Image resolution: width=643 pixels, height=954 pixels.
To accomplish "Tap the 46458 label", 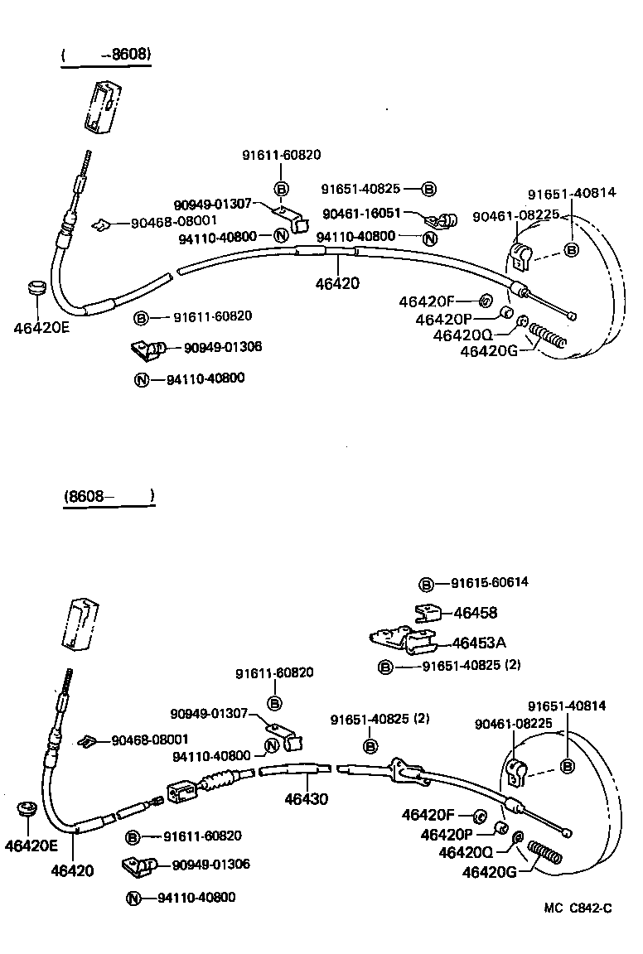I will coord(476,613).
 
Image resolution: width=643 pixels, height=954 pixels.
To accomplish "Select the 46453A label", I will coord(479,643).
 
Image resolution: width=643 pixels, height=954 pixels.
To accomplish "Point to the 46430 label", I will coord(306,799).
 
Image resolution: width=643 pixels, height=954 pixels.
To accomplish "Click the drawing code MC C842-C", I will coord(578,908).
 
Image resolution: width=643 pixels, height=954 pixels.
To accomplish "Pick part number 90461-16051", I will coord(361,214).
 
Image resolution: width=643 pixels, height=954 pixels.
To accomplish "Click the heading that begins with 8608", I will coord(109,496).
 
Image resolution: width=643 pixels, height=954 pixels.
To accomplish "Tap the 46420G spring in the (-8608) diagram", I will coord(547,337).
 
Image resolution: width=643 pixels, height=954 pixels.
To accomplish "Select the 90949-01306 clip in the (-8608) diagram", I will coord(146,350).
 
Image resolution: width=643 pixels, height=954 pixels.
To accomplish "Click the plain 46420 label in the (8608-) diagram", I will coord(72,870).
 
